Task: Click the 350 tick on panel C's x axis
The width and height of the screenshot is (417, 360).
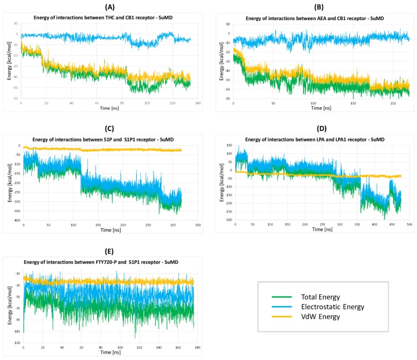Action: click(198, 225)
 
